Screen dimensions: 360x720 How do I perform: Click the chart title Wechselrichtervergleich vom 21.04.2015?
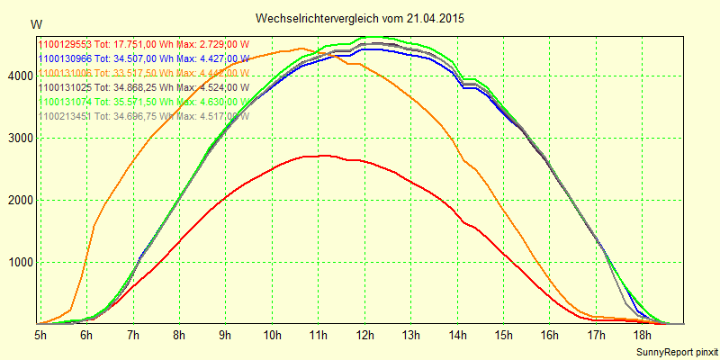tap(360, 18)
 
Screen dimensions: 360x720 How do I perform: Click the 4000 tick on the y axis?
tap(20, 76)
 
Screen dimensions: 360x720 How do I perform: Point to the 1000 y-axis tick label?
tap(20, 263)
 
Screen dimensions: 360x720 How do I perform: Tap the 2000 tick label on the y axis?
tap(20, 201)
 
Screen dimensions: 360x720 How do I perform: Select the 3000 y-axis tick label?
tap(20, 139)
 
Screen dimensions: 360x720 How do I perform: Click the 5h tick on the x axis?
tap(40, 335)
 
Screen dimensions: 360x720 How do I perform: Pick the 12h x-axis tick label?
tap(364, 335)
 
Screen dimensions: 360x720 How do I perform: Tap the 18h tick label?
tap(643, 335)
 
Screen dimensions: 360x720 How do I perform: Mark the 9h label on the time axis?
tap(226, 335)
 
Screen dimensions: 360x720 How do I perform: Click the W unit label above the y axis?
tap(35, 23)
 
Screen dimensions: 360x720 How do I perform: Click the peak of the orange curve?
tap(301, 49)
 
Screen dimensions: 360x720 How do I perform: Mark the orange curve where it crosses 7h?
tap(133, 162)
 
